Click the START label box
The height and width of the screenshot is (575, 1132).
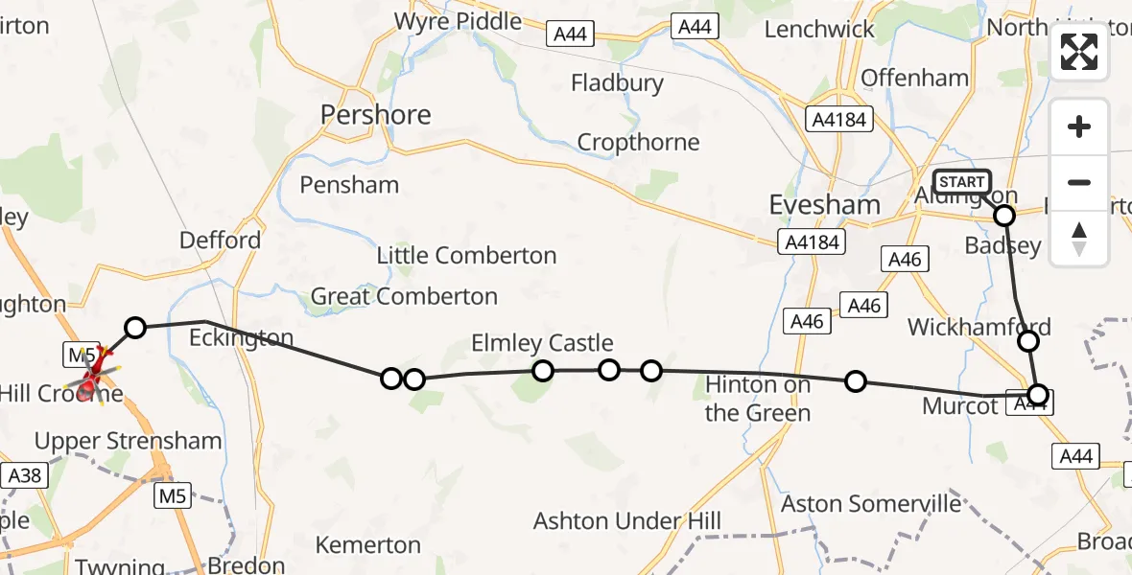tap(961, 182)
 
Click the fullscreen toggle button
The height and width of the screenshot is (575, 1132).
tap(1079, 52)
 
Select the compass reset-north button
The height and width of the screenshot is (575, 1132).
tap(1079, 238)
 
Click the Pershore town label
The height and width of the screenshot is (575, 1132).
tap(375, 115)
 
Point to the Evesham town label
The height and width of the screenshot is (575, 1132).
tap(825, 205)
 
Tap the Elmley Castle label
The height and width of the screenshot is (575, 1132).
tap(542, 343)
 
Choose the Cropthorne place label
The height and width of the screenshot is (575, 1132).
tap(638, 143)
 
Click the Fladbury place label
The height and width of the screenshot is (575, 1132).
tap(617, 83)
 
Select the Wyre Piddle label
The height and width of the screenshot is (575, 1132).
tap(458, 21)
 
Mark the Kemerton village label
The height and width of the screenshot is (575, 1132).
tap(368, 545)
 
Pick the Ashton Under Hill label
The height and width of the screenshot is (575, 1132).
tap(627, 521)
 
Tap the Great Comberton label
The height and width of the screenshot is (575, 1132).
tap(404, 297)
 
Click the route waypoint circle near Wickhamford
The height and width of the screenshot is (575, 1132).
tap(1028, 340)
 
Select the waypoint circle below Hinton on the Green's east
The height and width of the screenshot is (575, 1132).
tap(855, 381)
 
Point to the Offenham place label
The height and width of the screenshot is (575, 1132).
tap(915, 78)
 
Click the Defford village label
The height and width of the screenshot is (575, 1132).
tap(220, 240)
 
